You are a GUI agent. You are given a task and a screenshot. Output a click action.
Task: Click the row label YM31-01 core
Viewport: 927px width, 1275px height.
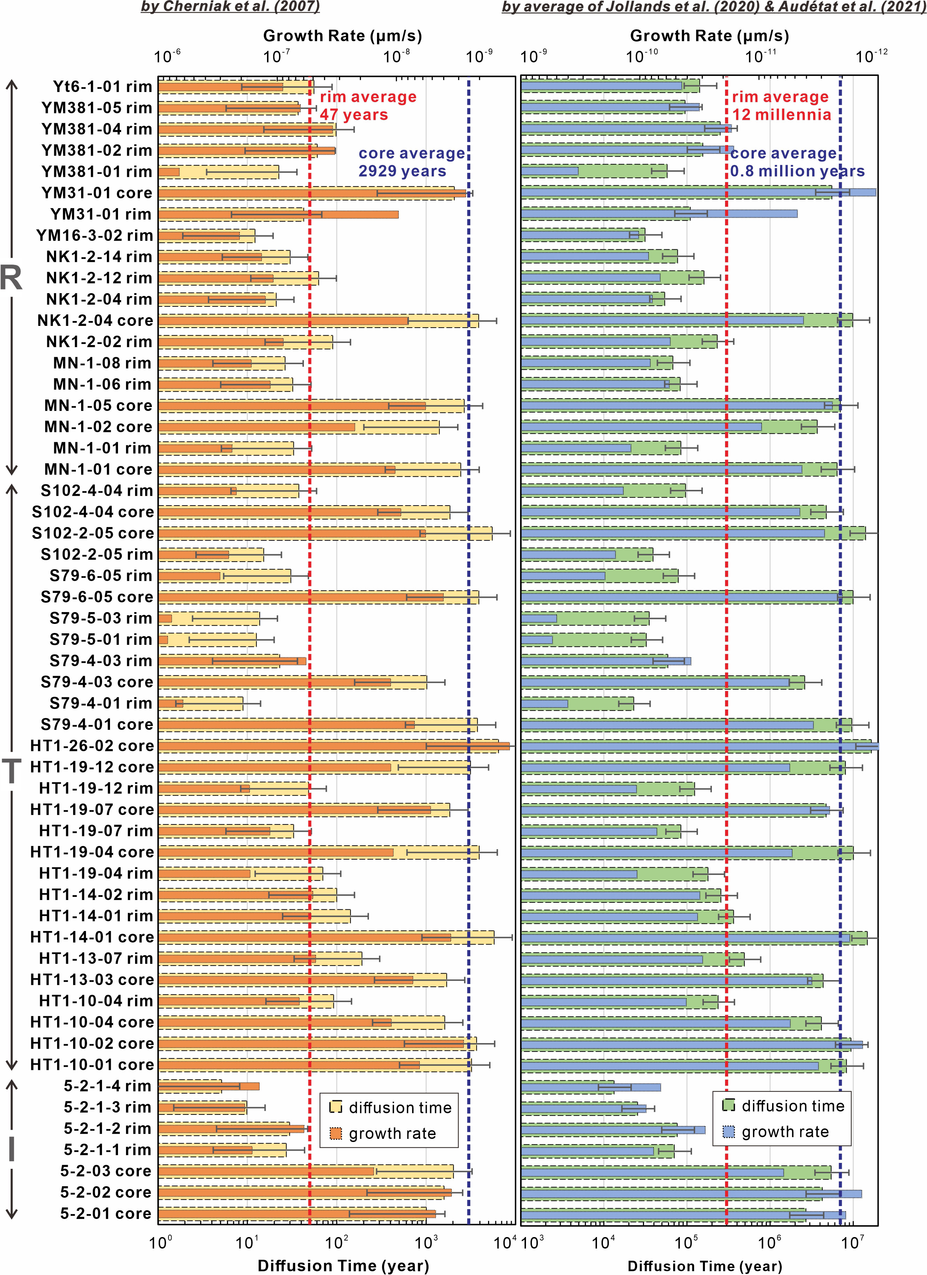[x=97, y=193]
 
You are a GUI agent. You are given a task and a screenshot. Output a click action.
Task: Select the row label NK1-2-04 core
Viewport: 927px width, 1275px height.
[x=95, y=320]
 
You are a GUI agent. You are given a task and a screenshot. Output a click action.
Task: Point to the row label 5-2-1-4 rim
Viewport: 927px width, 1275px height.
[x=107, y=1086]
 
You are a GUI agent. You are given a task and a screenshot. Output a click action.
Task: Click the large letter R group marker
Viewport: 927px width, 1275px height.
[x=11, y=278]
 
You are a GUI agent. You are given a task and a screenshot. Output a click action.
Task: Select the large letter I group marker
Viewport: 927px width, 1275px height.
[x=11, y=1150]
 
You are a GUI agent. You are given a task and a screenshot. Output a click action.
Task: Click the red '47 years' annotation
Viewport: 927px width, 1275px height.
[x=354, y=115]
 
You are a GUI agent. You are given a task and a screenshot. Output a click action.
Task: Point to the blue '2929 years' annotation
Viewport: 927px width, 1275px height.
[x=402, y=171]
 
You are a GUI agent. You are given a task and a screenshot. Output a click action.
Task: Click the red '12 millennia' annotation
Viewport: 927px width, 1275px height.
[x=781, y=115]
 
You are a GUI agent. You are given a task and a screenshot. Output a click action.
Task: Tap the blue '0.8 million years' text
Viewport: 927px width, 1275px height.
[x=797, y=171]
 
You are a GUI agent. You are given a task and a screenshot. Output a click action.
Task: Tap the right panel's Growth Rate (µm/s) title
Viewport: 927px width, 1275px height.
[x=709, y=36]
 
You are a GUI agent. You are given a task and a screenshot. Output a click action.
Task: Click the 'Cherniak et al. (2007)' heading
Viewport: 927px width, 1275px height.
[x=230, y=7]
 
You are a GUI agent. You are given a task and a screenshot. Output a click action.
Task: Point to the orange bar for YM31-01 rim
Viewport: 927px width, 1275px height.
[x=278, y=214]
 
